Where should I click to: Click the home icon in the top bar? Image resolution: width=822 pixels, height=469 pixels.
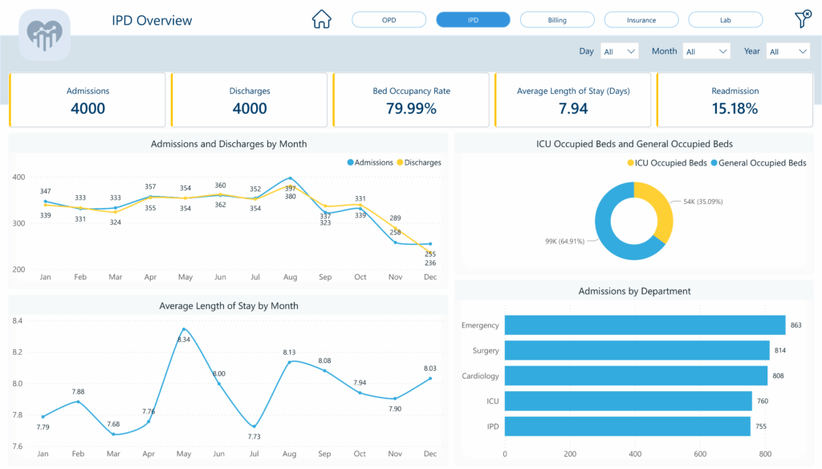point(322,19)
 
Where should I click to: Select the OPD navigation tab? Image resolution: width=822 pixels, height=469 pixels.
point(389,20)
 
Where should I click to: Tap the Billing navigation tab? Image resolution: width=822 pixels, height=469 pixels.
point(557,20)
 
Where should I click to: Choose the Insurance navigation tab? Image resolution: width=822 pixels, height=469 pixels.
point(641,20)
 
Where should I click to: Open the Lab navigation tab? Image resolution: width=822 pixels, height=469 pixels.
point(725,20)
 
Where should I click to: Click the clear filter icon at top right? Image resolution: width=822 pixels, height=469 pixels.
point(802,19)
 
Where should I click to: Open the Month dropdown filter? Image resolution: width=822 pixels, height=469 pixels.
point(706,51)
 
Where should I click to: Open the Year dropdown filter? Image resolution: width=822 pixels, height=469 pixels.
point(787,51)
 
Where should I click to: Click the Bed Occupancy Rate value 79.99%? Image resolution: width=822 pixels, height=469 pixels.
point(411,108)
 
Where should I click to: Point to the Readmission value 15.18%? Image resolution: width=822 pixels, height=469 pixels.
point(735,108)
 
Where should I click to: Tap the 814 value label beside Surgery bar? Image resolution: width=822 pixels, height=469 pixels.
point(780,351)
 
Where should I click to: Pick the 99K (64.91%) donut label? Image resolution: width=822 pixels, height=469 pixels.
point(563,240)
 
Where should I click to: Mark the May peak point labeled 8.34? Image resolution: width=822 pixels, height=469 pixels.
point(184,329)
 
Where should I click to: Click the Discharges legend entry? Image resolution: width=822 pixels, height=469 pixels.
point(418,162)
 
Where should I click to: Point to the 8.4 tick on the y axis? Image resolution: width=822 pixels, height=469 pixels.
point(18,321)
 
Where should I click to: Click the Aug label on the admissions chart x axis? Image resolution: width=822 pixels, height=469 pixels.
point(290,277)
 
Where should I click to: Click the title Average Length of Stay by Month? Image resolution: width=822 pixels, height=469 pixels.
point(229,305)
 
